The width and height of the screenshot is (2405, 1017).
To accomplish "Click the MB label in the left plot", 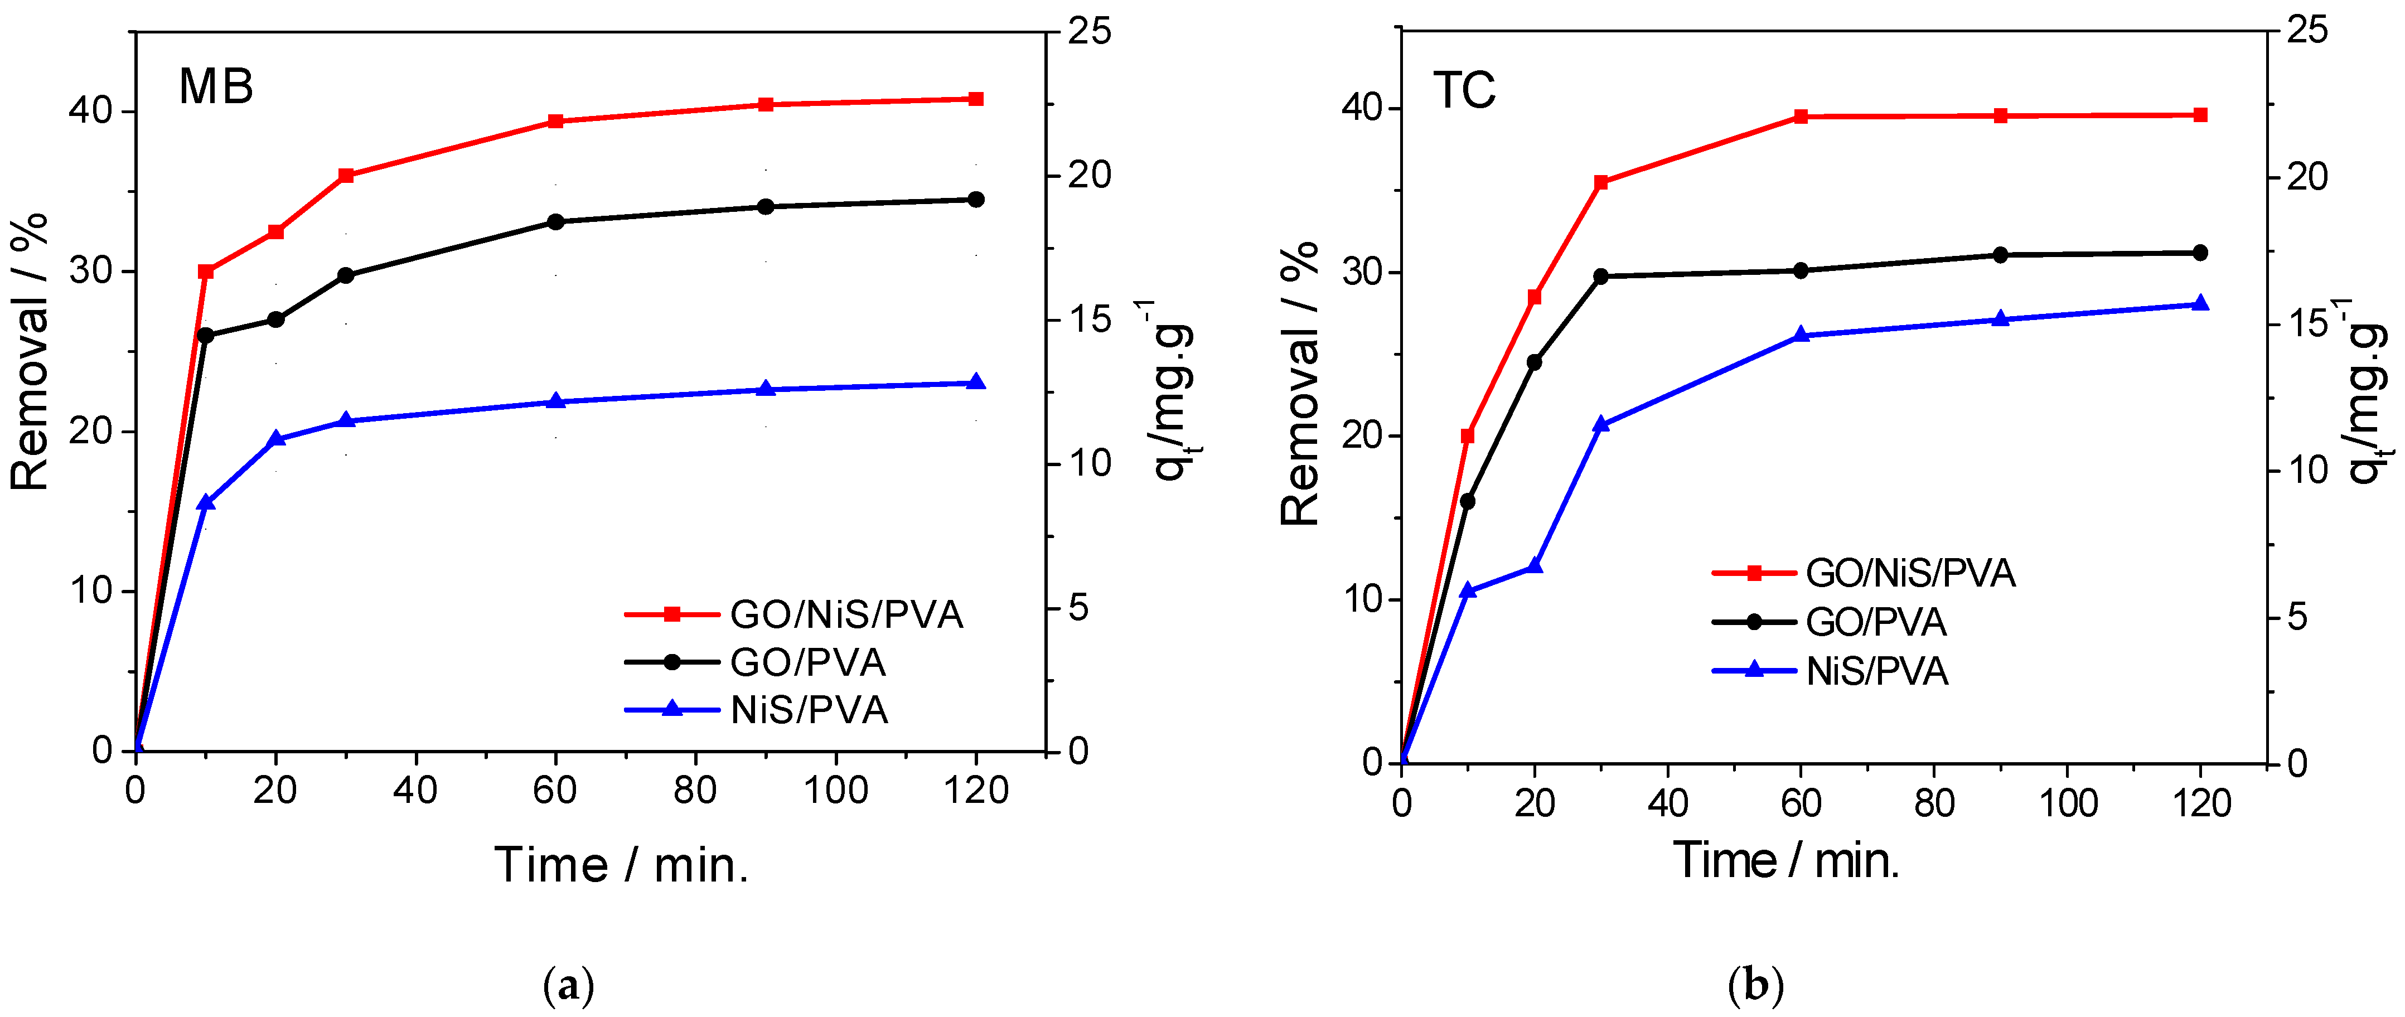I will pyautogui.click(x=216, y=87).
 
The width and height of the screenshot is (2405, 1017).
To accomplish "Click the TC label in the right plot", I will pyautogui.click(x=1464, y=90).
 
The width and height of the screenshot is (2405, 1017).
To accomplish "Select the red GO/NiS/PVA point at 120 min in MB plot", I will pyautogui.click(x=976, y=99).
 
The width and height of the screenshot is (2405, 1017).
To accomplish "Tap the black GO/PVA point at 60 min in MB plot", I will pyautogui.click(x=555, y=222).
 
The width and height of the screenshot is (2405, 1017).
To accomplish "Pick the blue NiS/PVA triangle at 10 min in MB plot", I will pyautogui.click(x=206, y=502).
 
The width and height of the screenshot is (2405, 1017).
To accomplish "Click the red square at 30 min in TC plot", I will pyautogui.click(x=1601, y=183).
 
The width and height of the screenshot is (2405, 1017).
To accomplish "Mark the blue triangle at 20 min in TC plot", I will pyautogui.click(x=1534, y=566).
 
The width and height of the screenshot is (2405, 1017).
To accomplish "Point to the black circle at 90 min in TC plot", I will pyautogui.click(x=2000, y=255).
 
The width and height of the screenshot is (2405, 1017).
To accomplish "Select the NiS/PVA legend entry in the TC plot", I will pyautogui.click(x=1876, y=671).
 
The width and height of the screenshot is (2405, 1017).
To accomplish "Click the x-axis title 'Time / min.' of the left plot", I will pyautogui.click(x=621, y=865).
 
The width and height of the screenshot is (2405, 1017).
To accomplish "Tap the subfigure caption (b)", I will pyautogui.click(x=1755, y=985).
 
